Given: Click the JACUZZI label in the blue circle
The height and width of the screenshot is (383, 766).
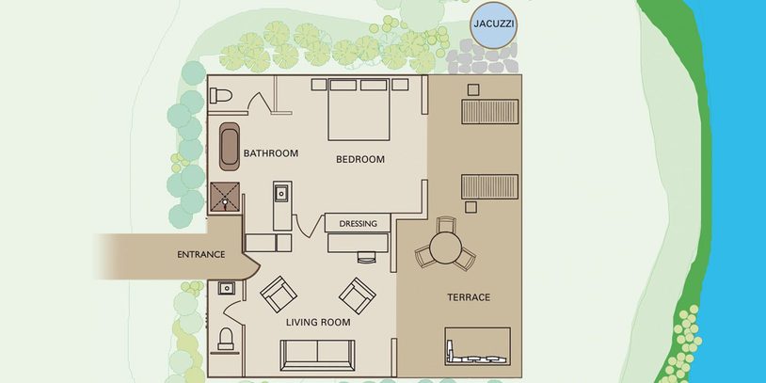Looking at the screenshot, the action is [494, 24].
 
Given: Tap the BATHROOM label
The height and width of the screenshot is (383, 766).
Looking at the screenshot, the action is [271, 153].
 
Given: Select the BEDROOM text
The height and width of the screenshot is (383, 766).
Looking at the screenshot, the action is [360, 159].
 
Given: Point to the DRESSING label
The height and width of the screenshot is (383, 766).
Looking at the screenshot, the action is [359, 224].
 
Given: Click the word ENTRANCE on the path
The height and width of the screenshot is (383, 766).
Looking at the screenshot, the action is [200, 254].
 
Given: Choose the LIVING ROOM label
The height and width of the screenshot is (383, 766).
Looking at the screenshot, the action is [318, 323].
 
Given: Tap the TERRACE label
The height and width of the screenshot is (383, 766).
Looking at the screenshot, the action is [469, 297].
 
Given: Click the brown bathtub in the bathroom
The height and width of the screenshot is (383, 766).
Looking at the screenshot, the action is [229, 147].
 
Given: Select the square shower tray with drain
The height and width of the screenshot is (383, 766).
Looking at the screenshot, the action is [225, 197].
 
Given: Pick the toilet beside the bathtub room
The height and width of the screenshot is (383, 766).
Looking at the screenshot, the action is [220, 95].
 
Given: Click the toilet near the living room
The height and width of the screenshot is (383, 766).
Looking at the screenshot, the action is [226, 339].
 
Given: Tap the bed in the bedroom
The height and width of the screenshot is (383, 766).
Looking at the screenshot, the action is [359, 110].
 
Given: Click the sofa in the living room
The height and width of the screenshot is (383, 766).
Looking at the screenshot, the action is [317, 355].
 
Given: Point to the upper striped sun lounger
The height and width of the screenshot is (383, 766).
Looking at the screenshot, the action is [490, 111].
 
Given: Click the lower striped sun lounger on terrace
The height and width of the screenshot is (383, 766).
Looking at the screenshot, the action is [490, 186].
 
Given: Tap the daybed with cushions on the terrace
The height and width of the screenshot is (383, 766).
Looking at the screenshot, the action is [477, 346].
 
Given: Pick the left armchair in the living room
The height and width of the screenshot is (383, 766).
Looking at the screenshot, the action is [279, 295].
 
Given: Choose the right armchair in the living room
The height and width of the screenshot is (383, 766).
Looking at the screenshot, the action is [358, 295].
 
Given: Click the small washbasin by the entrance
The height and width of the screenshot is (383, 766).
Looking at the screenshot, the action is [226, 288].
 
